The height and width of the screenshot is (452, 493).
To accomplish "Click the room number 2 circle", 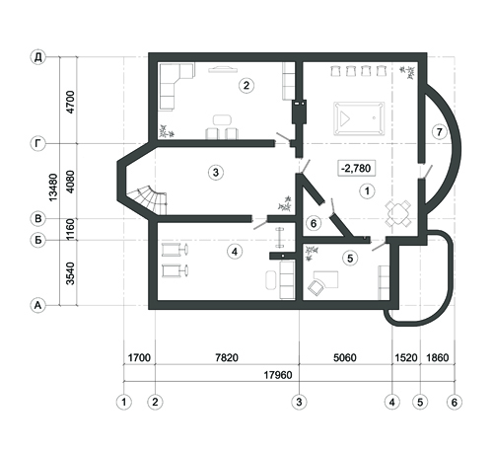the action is point(246,86).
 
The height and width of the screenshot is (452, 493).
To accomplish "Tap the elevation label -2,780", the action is point(357,169).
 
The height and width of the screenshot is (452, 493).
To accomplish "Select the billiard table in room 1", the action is point(359,118).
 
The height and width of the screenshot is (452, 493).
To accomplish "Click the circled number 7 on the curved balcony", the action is point(439,132).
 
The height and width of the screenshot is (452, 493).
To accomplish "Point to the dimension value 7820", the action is point(227,357).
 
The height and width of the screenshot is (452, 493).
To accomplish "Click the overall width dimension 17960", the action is point(278,375).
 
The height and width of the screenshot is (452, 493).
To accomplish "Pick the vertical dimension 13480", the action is point(53,188).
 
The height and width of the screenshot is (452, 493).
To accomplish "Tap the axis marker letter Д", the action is point(38,57).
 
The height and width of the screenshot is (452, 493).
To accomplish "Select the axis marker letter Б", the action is point(38,240).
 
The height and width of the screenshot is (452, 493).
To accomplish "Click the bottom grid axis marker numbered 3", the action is point(299,402).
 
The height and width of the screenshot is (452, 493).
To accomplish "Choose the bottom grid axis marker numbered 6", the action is point(455,402).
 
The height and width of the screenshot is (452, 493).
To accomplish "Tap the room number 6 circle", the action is point(314,224).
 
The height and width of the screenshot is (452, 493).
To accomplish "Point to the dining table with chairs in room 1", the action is point(398,213).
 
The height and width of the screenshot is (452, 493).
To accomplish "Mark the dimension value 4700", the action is point(70,102).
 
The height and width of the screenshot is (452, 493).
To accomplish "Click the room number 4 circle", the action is point(235,252).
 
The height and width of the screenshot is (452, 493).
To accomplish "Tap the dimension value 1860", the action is point(438,357).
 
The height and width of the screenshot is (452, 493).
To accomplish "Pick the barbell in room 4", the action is point(280,237).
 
